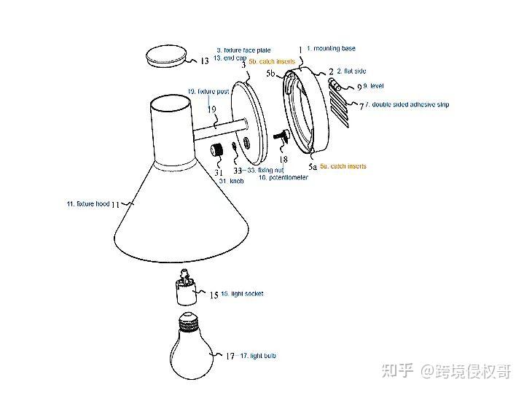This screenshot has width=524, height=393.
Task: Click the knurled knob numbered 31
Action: point(217,152)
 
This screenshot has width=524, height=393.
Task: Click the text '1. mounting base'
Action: point(331,48)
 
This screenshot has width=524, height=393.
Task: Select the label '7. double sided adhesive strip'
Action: point(410,105)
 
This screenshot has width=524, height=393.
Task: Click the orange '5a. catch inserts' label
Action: point(343,166)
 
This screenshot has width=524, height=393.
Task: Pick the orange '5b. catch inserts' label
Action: point(272,62)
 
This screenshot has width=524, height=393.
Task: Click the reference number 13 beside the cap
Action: point(205,61)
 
